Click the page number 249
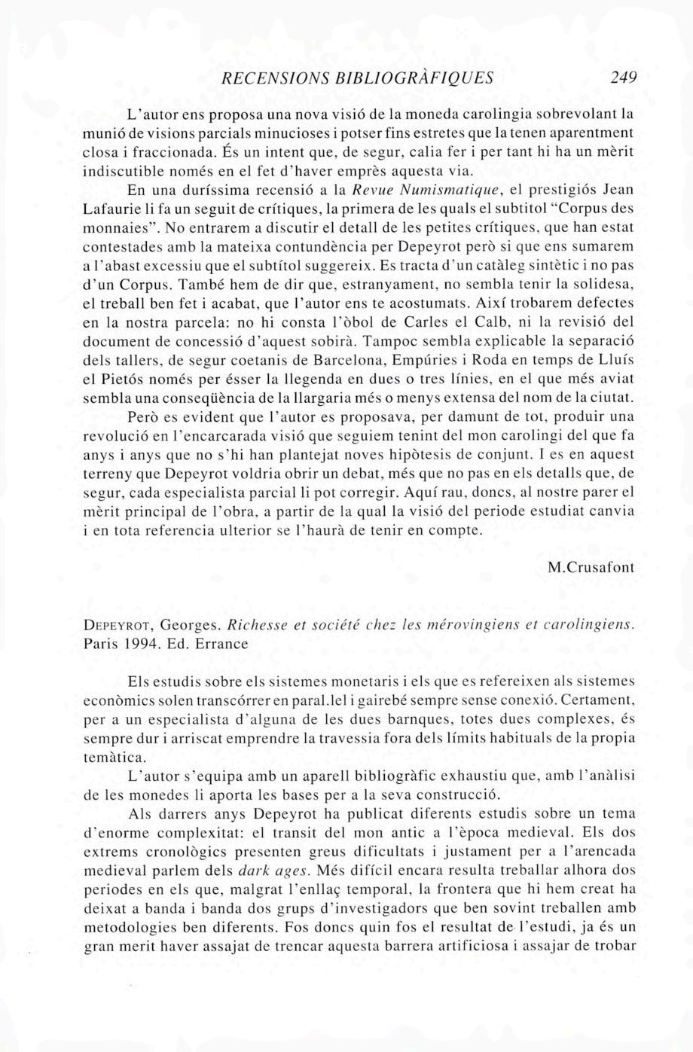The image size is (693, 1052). pyautogui.click(x=624, y=77)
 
